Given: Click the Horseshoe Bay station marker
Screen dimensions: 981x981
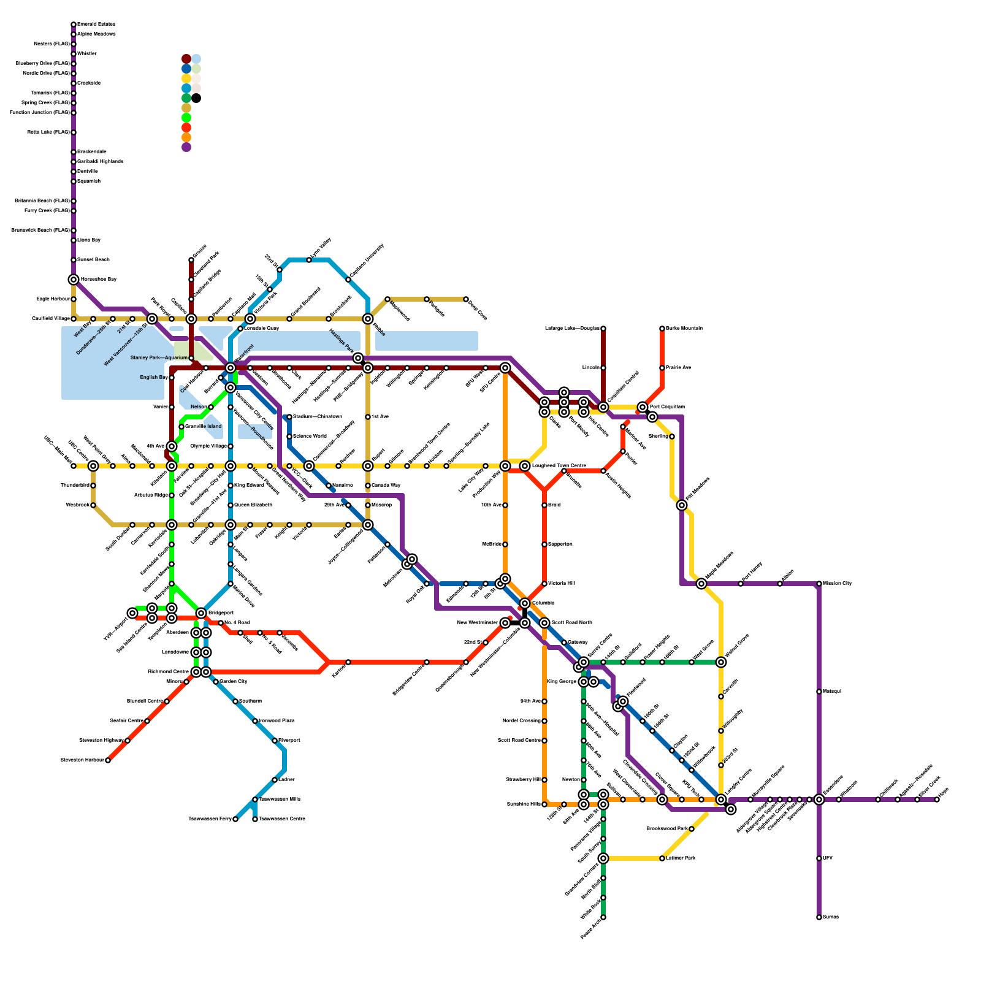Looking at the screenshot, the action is [x=74, y=280].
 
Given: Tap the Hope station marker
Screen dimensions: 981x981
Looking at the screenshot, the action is [x=937, y=800].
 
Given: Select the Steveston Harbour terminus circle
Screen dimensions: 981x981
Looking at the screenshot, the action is [x=108, y=760].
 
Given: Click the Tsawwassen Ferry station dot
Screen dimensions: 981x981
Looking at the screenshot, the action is [x=235, y=819].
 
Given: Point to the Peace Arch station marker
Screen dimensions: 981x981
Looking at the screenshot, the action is [x=603, y=917].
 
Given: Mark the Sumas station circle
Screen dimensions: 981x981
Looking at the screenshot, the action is [x=819, y=917].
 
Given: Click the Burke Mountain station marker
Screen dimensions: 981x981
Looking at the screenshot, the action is [x=662, y=329].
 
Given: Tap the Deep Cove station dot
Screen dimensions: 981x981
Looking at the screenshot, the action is [x=466, y=299].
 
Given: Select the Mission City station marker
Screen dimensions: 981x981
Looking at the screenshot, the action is [x=819, y=584].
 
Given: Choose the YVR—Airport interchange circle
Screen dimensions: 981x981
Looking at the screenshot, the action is [x=132, y=613].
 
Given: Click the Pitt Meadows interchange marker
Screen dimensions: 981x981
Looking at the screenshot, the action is [x=682, y=505].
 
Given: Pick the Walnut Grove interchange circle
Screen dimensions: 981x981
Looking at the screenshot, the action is [x=721, y=662].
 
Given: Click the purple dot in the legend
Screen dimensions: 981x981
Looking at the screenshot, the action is [x=186, y=147].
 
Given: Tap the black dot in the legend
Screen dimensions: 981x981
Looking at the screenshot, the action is [x=196, y=98].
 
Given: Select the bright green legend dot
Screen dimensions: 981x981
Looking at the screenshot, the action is [x=186, y=118].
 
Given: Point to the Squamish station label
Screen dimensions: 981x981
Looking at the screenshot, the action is [x=89, y=181].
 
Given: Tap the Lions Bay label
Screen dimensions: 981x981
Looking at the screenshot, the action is [x=89, y=240].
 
